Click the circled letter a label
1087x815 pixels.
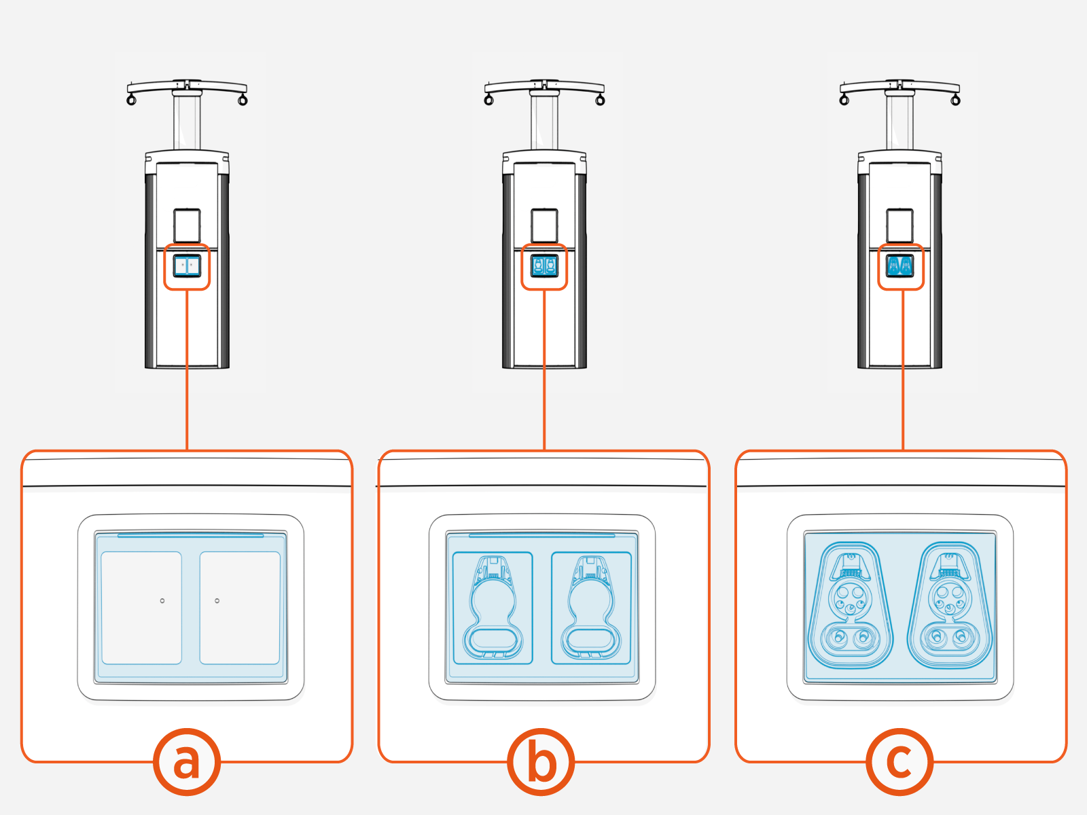point(187,761)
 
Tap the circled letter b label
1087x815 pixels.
point(541,761)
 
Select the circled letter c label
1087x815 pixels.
point(899,761)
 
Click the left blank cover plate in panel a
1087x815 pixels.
point(141,608)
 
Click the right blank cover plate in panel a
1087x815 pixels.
point(240,608)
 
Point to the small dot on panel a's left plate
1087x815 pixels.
point(162,600)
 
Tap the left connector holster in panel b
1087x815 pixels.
point(493,608)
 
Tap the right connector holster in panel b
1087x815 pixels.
point(591,608)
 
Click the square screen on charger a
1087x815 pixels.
point(187,225)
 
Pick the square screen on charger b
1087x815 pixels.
point(544,225)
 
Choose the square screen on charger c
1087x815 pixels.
point(900,225)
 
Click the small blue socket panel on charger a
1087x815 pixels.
point(187,266)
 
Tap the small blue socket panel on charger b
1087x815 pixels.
point(544,266)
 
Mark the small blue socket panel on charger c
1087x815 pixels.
point(900,266)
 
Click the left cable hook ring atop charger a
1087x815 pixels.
point(132,101)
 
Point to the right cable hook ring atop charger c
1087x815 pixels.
point(955,101)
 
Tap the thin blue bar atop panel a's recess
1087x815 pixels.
point(190,535)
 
